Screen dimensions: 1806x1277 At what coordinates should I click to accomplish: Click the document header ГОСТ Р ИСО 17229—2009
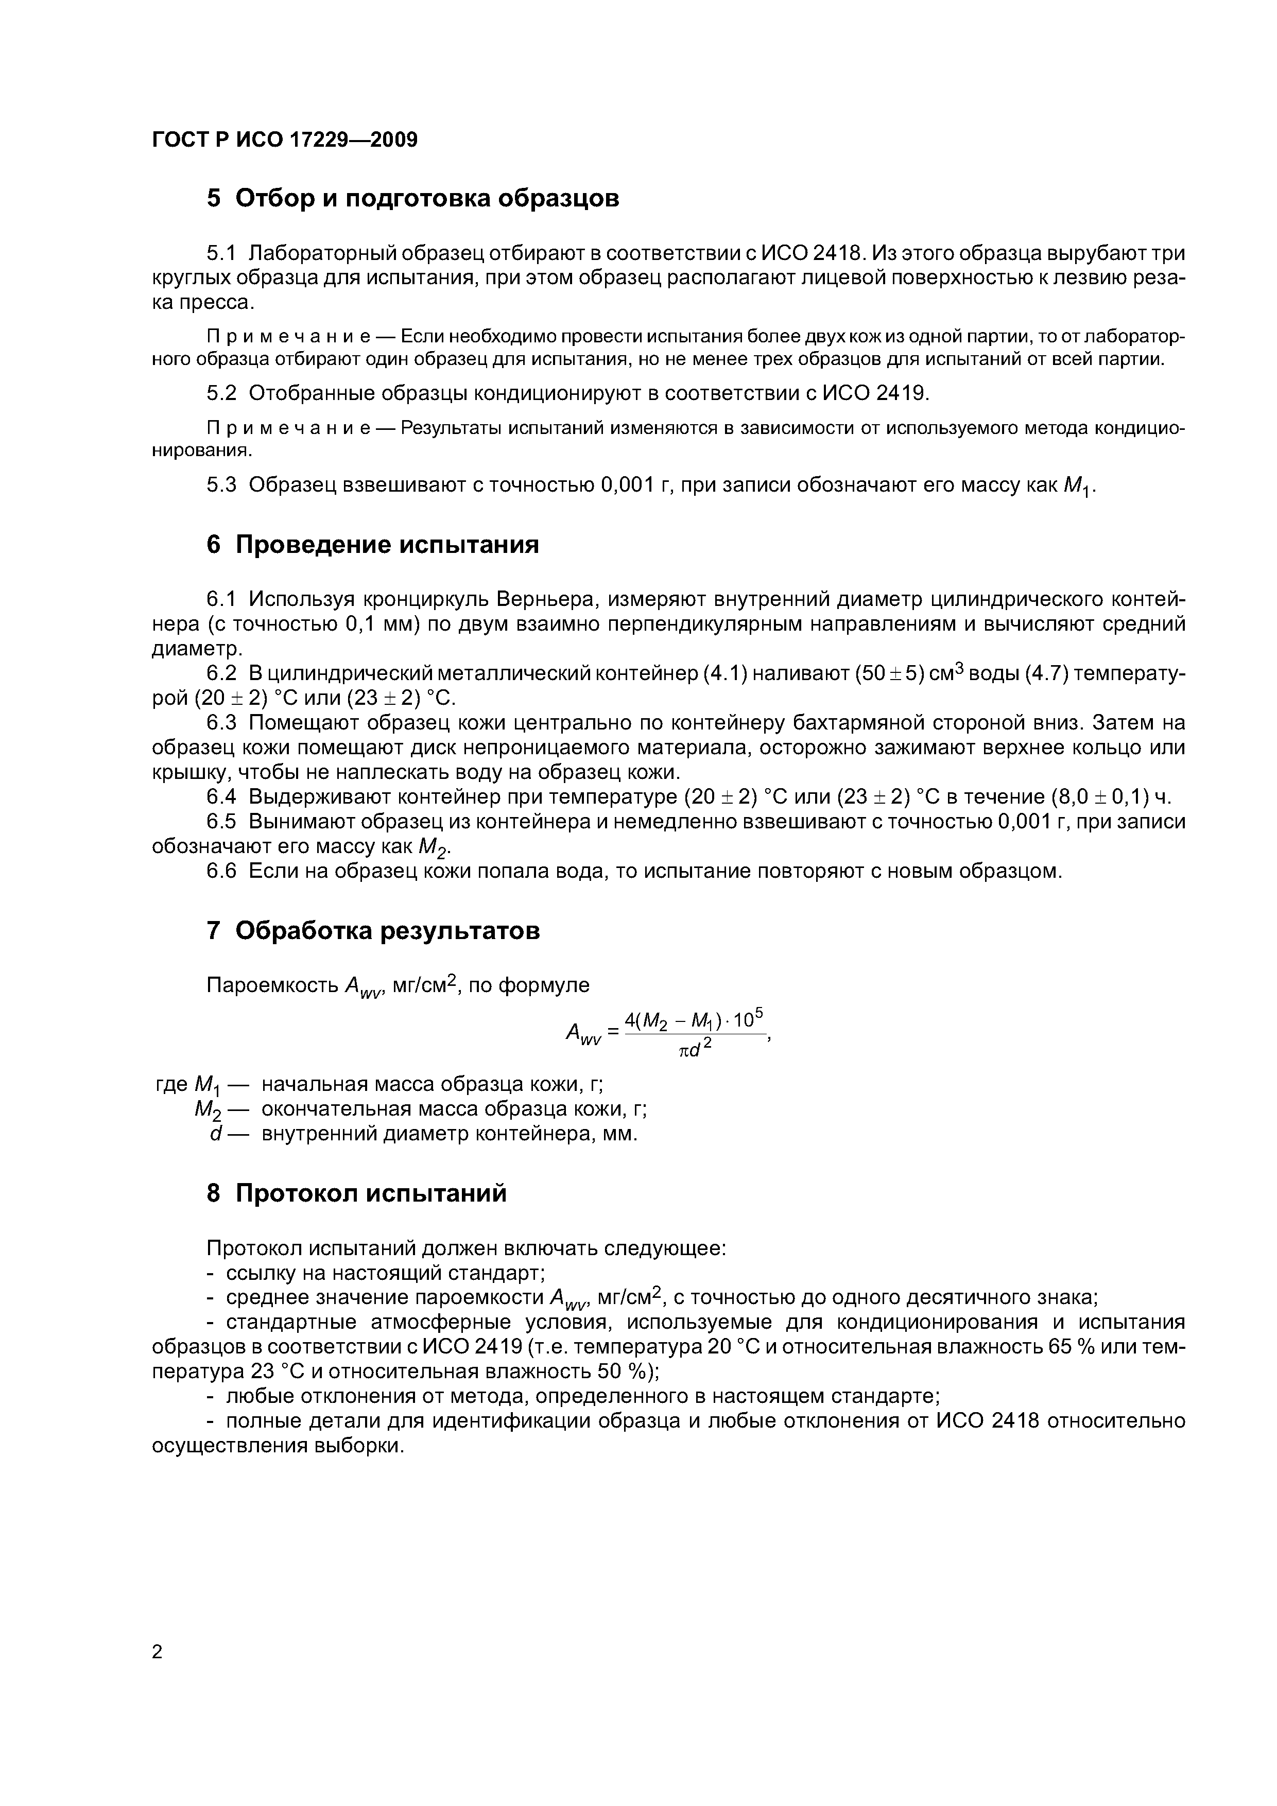[x=284, y=140]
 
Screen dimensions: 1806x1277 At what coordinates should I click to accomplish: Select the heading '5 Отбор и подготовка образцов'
[x=412, y=198]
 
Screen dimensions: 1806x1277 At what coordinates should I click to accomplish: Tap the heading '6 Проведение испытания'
[x=372, y=544]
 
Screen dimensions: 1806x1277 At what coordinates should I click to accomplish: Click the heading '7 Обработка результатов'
[x=373, y=930]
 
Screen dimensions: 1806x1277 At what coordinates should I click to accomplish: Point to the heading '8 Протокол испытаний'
[x=356, y=1193]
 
